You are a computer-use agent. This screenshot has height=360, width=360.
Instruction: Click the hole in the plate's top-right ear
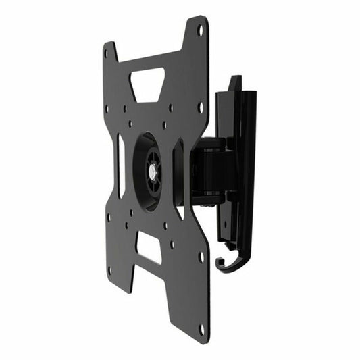tap(200, 30)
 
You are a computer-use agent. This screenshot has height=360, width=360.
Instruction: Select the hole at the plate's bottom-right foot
tap(201, 329)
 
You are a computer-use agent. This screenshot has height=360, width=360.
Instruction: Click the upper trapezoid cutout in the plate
tap(147, 84)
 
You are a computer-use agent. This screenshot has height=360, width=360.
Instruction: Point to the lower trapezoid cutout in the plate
tap(149, 247)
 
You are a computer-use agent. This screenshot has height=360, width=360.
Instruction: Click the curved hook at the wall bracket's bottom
tap(228, 264)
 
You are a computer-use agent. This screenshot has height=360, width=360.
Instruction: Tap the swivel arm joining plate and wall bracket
tap(208, 169)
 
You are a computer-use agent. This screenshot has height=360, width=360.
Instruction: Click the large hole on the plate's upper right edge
tap(200, 107)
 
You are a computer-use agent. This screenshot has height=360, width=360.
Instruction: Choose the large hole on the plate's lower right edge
tap(201, 257)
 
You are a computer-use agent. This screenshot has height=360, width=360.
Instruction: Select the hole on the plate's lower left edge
tap(109, 217)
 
